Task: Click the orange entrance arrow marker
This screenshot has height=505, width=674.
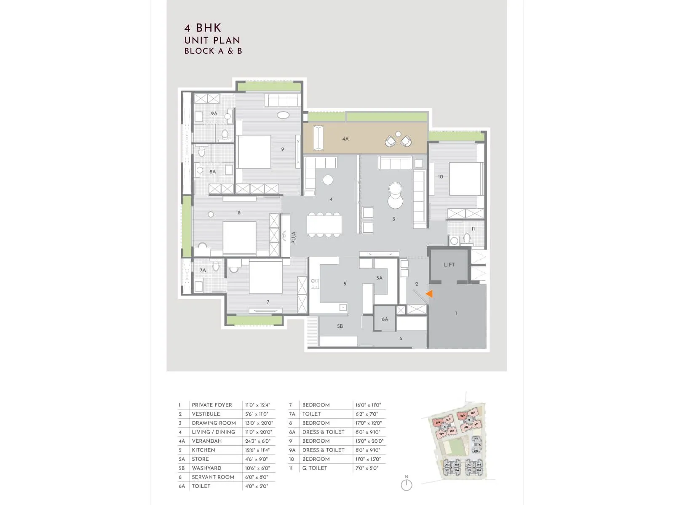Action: [x=429, y=294]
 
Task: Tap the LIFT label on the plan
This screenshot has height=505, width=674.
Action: [x=449, y=265]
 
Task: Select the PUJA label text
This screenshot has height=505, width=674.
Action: [x=294, y=237]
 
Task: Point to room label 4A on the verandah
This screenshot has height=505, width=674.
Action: [x=345, y=139]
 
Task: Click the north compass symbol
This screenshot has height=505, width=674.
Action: [x=407, y=484]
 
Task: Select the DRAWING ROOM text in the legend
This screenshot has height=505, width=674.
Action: [x=214, y=423]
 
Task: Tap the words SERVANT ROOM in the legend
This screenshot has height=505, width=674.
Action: [x=213, y=477]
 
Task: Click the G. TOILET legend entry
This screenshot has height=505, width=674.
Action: [x=314, y=468]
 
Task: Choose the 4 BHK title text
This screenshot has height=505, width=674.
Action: [x=203, y=28]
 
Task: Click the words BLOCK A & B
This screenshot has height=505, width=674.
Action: [x=213, y=51]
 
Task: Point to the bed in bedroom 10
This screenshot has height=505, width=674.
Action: [x=465, y=179]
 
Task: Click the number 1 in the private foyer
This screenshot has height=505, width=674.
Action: [x=456, y=314]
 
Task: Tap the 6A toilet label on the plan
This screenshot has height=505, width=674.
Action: [x=385, y=319]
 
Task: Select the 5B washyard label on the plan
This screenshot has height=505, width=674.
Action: [x=340, y=326]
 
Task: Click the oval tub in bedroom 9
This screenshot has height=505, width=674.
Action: [x=283, y=115]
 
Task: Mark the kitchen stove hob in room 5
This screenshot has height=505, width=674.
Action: [x=315, y=284]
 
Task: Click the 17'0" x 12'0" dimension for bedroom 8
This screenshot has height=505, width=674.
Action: [x=368, y=423]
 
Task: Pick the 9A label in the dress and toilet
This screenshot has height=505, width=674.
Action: [x=214, y=114]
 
